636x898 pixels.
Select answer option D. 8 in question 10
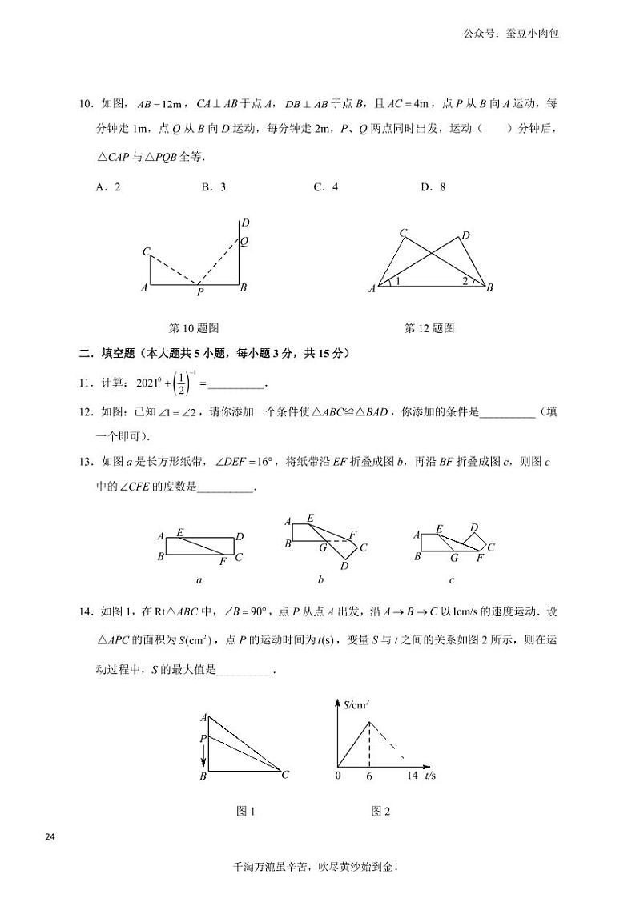433,187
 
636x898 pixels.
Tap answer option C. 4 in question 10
325,187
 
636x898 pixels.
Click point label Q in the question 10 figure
244,240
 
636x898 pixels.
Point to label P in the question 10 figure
200,293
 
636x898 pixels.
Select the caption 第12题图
429,328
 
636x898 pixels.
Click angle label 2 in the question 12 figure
464,281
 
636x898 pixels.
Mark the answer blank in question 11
235,385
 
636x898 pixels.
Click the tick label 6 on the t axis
369,776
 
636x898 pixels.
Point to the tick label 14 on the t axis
412,776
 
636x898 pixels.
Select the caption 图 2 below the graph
380,812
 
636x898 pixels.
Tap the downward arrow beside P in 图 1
203,753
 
